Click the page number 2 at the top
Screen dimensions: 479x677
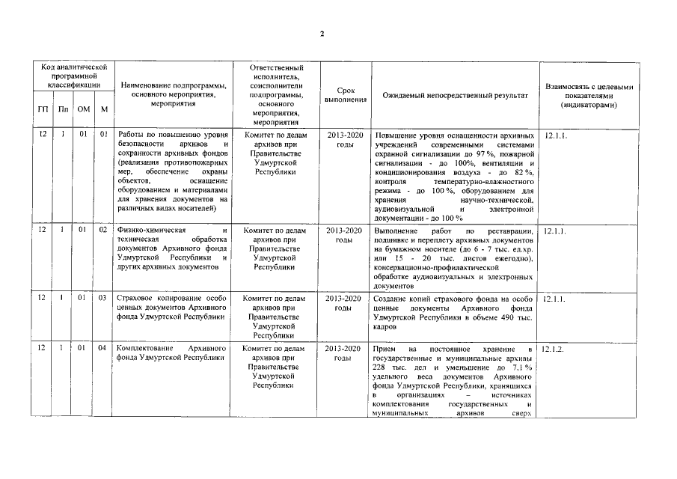pyautogui.click(x=321, y=34)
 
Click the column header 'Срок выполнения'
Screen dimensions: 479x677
pyautogui.click(x=345, y=95)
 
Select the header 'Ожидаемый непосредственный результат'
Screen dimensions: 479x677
pyautogui.click(x=455, y=96)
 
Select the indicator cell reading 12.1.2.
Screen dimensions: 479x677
pyautogui.click(x=554, y=350)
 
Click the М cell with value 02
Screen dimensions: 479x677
pyautogui.click(x=103, y=231)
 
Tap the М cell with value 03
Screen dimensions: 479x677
pyautogui.click(x=103, y=299)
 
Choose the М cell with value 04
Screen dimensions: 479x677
pyautogui.click(x=103, y=349)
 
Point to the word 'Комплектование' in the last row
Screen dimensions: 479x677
pyautogui.click(x=147, y=349)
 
